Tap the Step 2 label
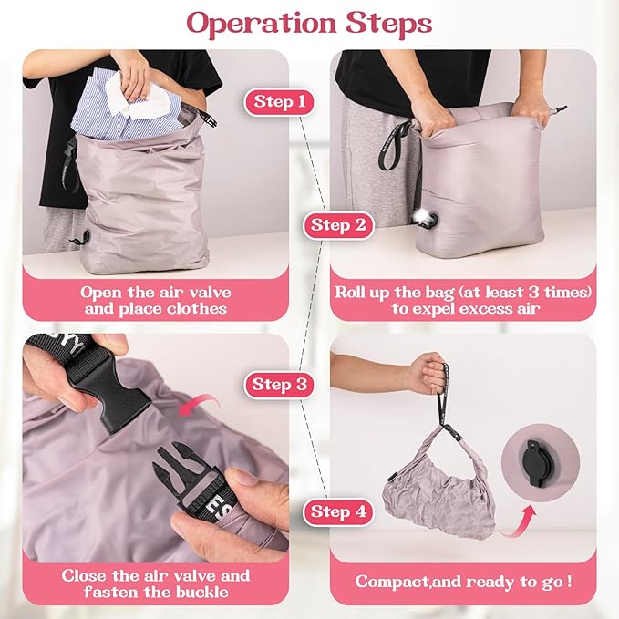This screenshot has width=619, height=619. pyautogui.click(x=337, y=224)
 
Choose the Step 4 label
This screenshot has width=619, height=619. pyautogui.click(x=338, y=511)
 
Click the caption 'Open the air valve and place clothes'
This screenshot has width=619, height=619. pyautogui.click(x=155, y=301)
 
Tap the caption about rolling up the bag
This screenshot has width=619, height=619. pyautogui.click(x=464, y=301)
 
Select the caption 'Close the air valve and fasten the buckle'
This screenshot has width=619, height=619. pyautogui.click(x=155, y=585)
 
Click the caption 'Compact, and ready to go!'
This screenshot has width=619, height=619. pyautogui.click(x=464, y=581)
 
